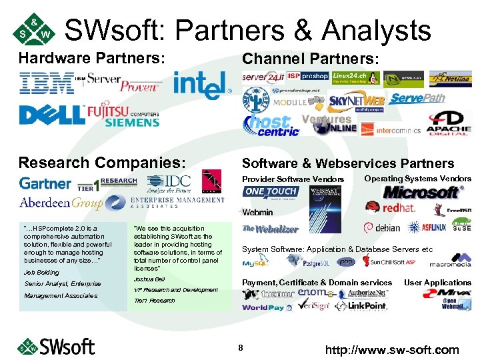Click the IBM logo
47,83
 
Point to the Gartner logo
45,183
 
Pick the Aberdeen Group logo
61,203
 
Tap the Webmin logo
257,213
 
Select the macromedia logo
450,261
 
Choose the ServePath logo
417,99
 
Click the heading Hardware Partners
91,58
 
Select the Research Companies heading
102,163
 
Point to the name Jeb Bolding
41,273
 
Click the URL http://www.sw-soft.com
392,349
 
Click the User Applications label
437,283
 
